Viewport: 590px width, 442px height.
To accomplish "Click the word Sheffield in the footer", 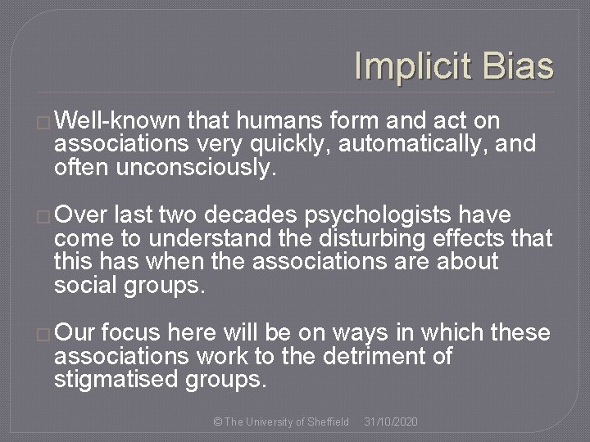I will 325,421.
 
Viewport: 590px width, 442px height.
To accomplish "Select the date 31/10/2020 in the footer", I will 391,421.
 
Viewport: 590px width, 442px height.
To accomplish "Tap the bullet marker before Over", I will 44,216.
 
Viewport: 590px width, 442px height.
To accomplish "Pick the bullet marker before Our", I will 44,331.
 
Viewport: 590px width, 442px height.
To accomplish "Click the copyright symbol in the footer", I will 216,421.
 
